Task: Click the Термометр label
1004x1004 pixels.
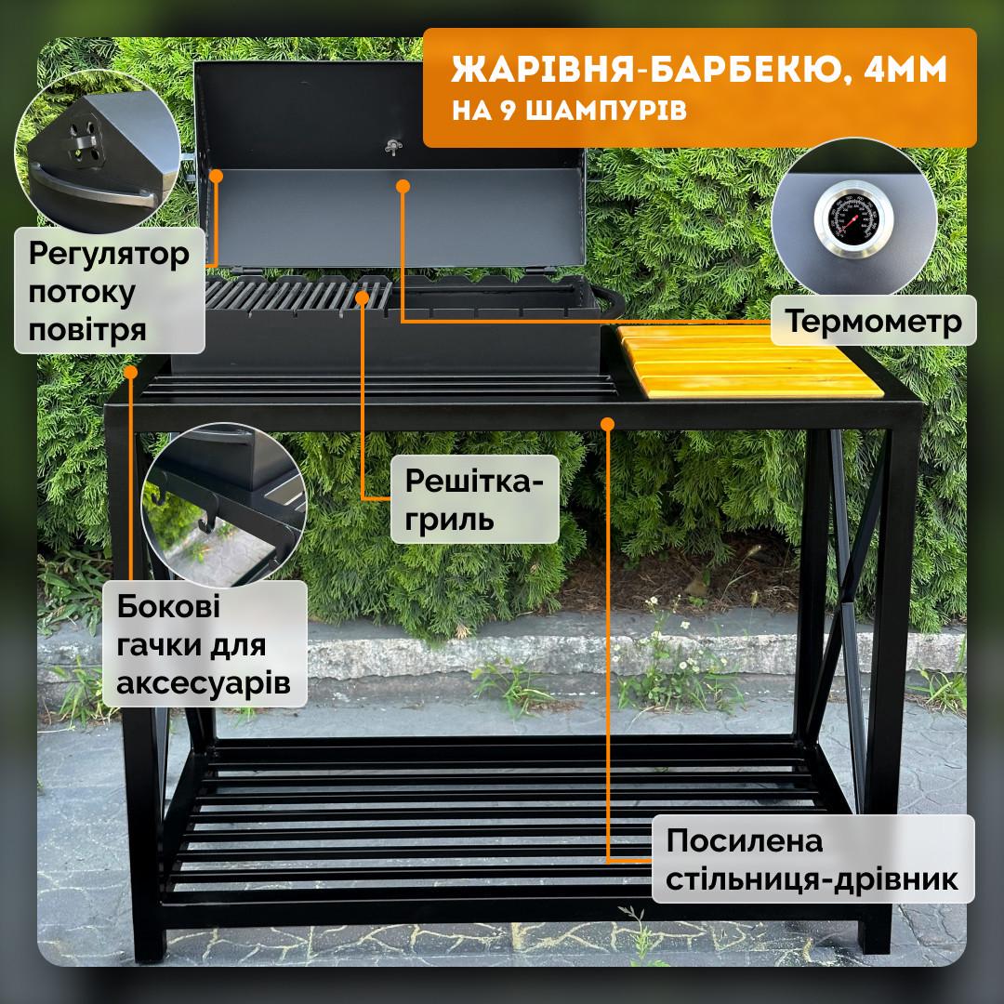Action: [x=874, y=322]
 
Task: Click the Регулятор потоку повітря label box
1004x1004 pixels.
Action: [x=110, y=293]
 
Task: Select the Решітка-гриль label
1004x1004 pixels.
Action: [x=474, y=499]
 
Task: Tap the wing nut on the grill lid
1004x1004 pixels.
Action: [x=391, y=144]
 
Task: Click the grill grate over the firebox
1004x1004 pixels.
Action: [x=297, y=297]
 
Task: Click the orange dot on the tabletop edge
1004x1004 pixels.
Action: [x=607, y=423]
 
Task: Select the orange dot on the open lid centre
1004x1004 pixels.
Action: [x=403, y=187]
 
